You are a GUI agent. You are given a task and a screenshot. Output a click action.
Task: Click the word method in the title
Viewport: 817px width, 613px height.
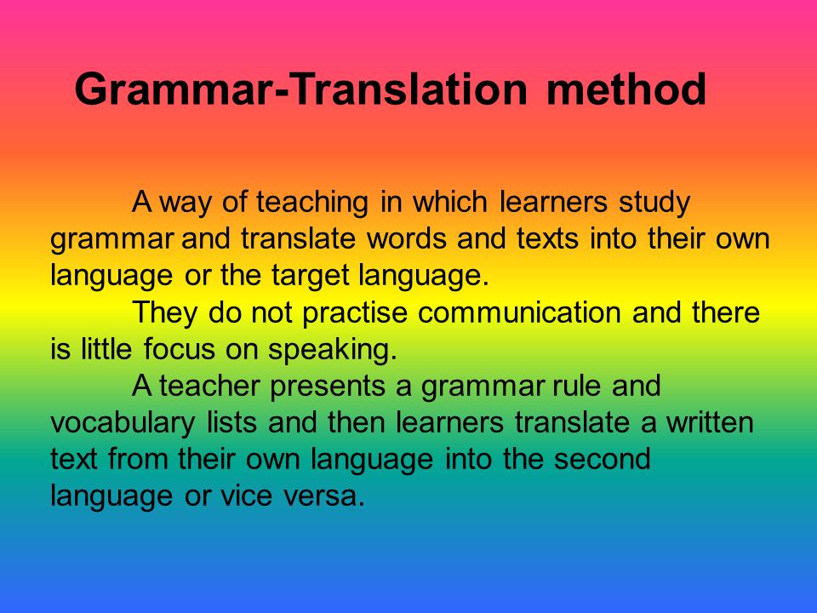[x=626, y=89]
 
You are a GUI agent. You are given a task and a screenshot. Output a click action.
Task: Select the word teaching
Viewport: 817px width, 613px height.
[x=312, y=203]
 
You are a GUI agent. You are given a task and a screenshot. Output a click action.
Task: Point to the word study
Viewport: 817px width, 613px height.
[x=654, y=203]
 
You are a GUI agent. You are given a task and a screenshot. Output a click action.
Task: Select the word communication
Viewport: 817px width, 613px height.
[x=519, y=312]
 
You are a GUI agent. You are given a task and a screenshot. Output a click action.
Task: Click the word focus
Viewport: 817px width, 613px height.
[x=180, y=349]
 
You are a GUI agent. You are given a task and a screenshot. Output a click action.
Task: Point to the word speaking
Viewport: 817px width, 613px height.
[x=333, y=350]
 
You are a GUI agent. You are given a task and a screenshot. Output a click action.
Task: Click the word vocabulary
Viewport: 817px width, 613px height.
[x=123, y=423]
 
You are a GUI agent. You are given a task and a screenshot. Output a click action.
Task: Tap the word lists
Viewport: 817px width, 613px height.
[x=231, y=422]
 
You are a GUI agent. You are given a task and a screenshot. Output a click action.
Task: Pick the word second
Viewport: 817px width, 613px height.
[x=603, y=459]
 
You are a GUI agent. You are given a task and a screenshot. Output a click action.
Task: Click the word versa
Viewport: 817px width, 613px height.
[x=324, y=496]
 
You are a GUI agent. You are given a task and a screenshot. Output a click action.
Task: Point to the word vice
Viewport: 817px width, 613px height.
[x=247, y=496]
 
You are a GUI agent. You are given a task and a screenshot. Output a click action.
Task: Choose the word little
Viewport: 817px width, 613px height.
[x=106, y=349]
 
